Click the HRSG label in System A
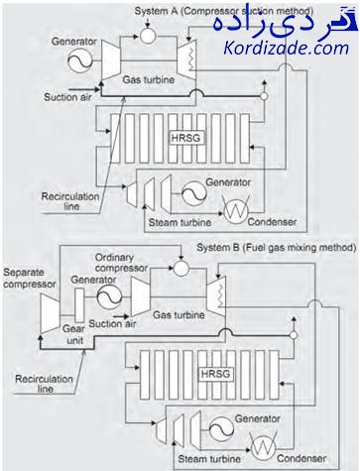(185, 138)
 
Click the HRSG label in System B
(215, 374)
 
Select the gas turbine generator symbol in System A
(79, 60)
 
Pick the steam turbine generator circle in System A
(193, 193)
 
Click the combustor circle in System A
(148, 35)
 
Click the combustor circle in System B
(180, 268)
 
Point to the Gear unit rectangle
(79, 305)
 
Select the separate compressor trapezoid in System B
(50, 313)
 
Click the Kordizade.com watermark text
(287, 49)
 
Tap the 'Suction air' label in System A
(67, 97)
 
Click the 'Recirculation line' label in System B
(44, 384)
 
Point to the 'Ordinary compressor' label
(121, 263)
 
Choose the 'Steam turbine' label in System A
(180, 222)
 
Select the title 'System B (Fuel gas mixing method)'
(277, 248)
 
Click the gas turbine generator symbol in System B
(109, 296)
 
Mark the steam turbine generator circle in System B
(221, 429)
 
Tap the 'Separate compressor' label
(29, 279)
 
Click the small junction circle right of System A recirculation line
(264, 96)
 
